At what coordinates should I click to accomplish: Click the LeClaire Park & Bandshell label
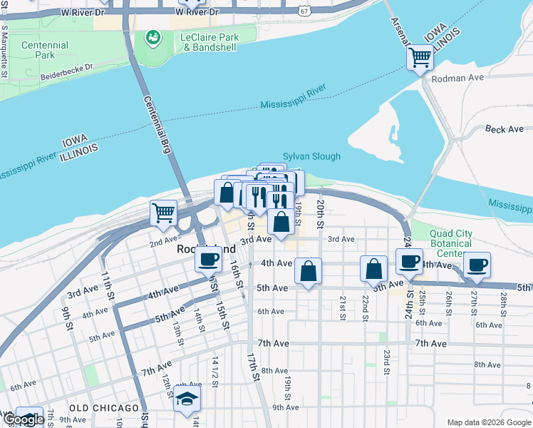tap(209, 42)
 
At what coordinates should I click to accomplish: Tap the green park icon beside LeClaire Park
tap(152, 37)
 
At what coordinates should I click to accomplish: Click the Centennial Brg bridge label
tap(157, 125)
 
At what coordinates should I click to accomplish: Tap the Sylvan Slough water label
tap(311, 156)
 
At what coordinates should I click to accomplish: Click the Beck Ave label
tap(504, 129)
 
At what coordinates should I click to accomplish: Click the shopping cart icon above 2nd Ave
tap(164, 212)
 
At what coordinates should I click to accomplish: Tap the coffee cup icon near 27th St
tap(477, 265)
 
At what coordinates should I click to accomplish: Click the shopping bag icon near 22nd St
tap(373, 269)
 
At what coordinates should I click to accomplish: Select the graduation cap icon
tap(187, 399)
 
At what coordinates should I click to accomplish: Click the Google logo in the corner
tap(23, 419)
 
